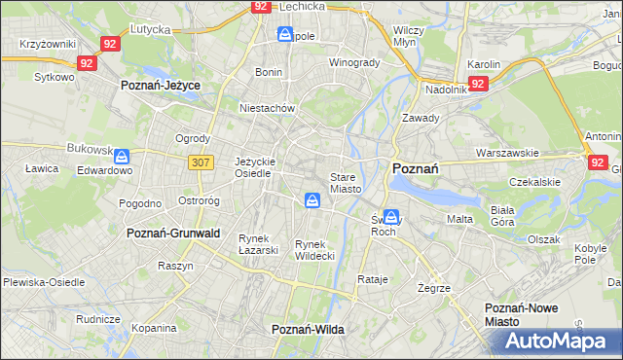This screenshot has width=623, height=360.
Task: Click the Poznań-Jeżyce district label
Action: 161,86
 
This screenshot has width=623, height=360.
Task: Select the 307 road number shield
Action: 202,162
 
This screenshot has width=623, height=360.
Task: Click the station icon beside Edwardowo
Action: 122,156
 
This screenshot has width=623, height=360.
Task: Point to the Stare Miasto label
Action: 346,183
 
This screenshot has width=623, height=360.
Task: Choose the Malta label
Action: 459,219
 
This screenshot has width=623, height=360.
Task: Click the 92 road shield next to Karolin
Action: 478,84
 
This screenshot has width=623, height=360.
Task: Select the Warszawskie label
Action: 507,154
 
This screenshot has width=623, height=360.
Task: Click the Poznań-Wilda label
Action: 308,330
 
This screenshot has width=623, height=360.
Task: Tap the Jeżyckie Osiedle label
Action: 256,167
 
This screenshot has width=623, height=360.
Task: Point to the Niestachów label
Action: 267,108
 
